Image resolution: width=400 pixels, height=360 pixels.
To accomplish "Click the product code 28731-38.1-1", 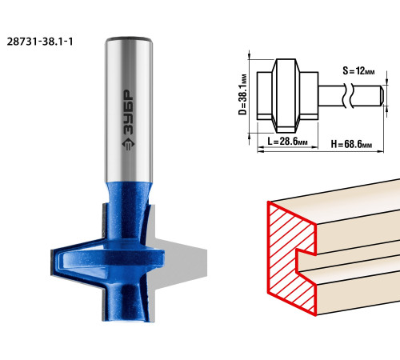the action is click(40, 42).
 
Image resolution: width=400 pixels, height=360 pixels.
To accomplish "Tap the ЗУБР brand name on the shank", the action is click(128, 113).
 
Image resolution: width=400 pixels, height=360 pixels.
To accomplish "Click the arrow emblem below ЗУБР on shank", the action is click(128, 144).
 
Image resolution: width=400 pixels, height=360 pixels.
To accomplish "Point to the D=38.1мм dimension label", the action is click(242, 94).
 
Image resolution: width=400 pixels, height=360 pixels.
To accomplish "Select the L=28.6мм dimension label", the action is click(287, 141).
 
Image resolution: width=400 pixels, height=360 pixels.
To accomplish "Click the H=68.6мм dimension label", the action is click(351, 144).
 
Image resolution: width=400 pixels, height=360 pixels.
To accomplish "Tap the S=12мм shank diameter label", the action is click(358, 71).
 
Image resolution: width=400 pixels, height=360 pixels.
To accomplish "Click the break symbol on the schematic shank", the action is click(348, 95).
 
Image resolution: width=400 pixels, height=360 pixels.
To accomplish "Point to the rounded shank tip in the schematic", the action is click(382, 95).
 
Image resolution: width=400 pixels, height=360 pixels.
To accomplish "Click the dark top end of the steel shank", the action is click(129, 39).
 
